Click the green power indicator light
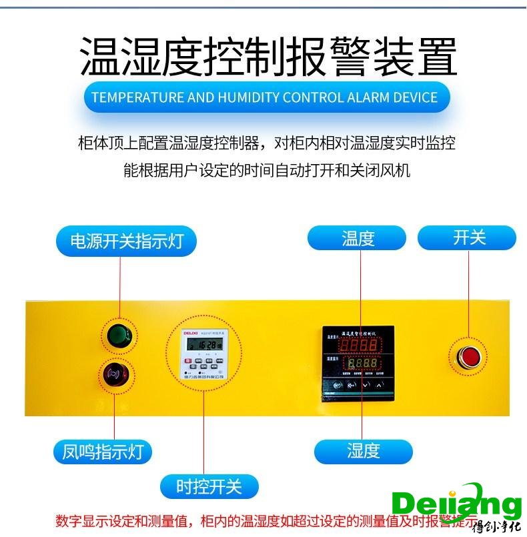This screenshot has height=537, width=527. tap(120, 334)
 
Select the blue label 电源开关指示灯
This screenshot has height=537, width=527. tap(126, 240)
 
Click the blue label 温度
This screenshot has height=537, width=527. tap(357, 238)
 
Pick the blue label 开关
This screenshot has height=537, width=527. tap(468, 238)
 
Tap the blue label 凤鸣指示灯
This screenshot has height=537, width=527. tap(103, 452)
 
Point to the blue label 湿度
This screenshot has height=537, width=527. tap(363, 451)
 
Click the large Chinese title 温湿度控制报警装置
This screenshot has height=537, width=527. tap(268, 57)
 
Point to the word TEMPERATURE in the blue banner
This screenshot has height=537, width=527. tap(137, 97)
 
